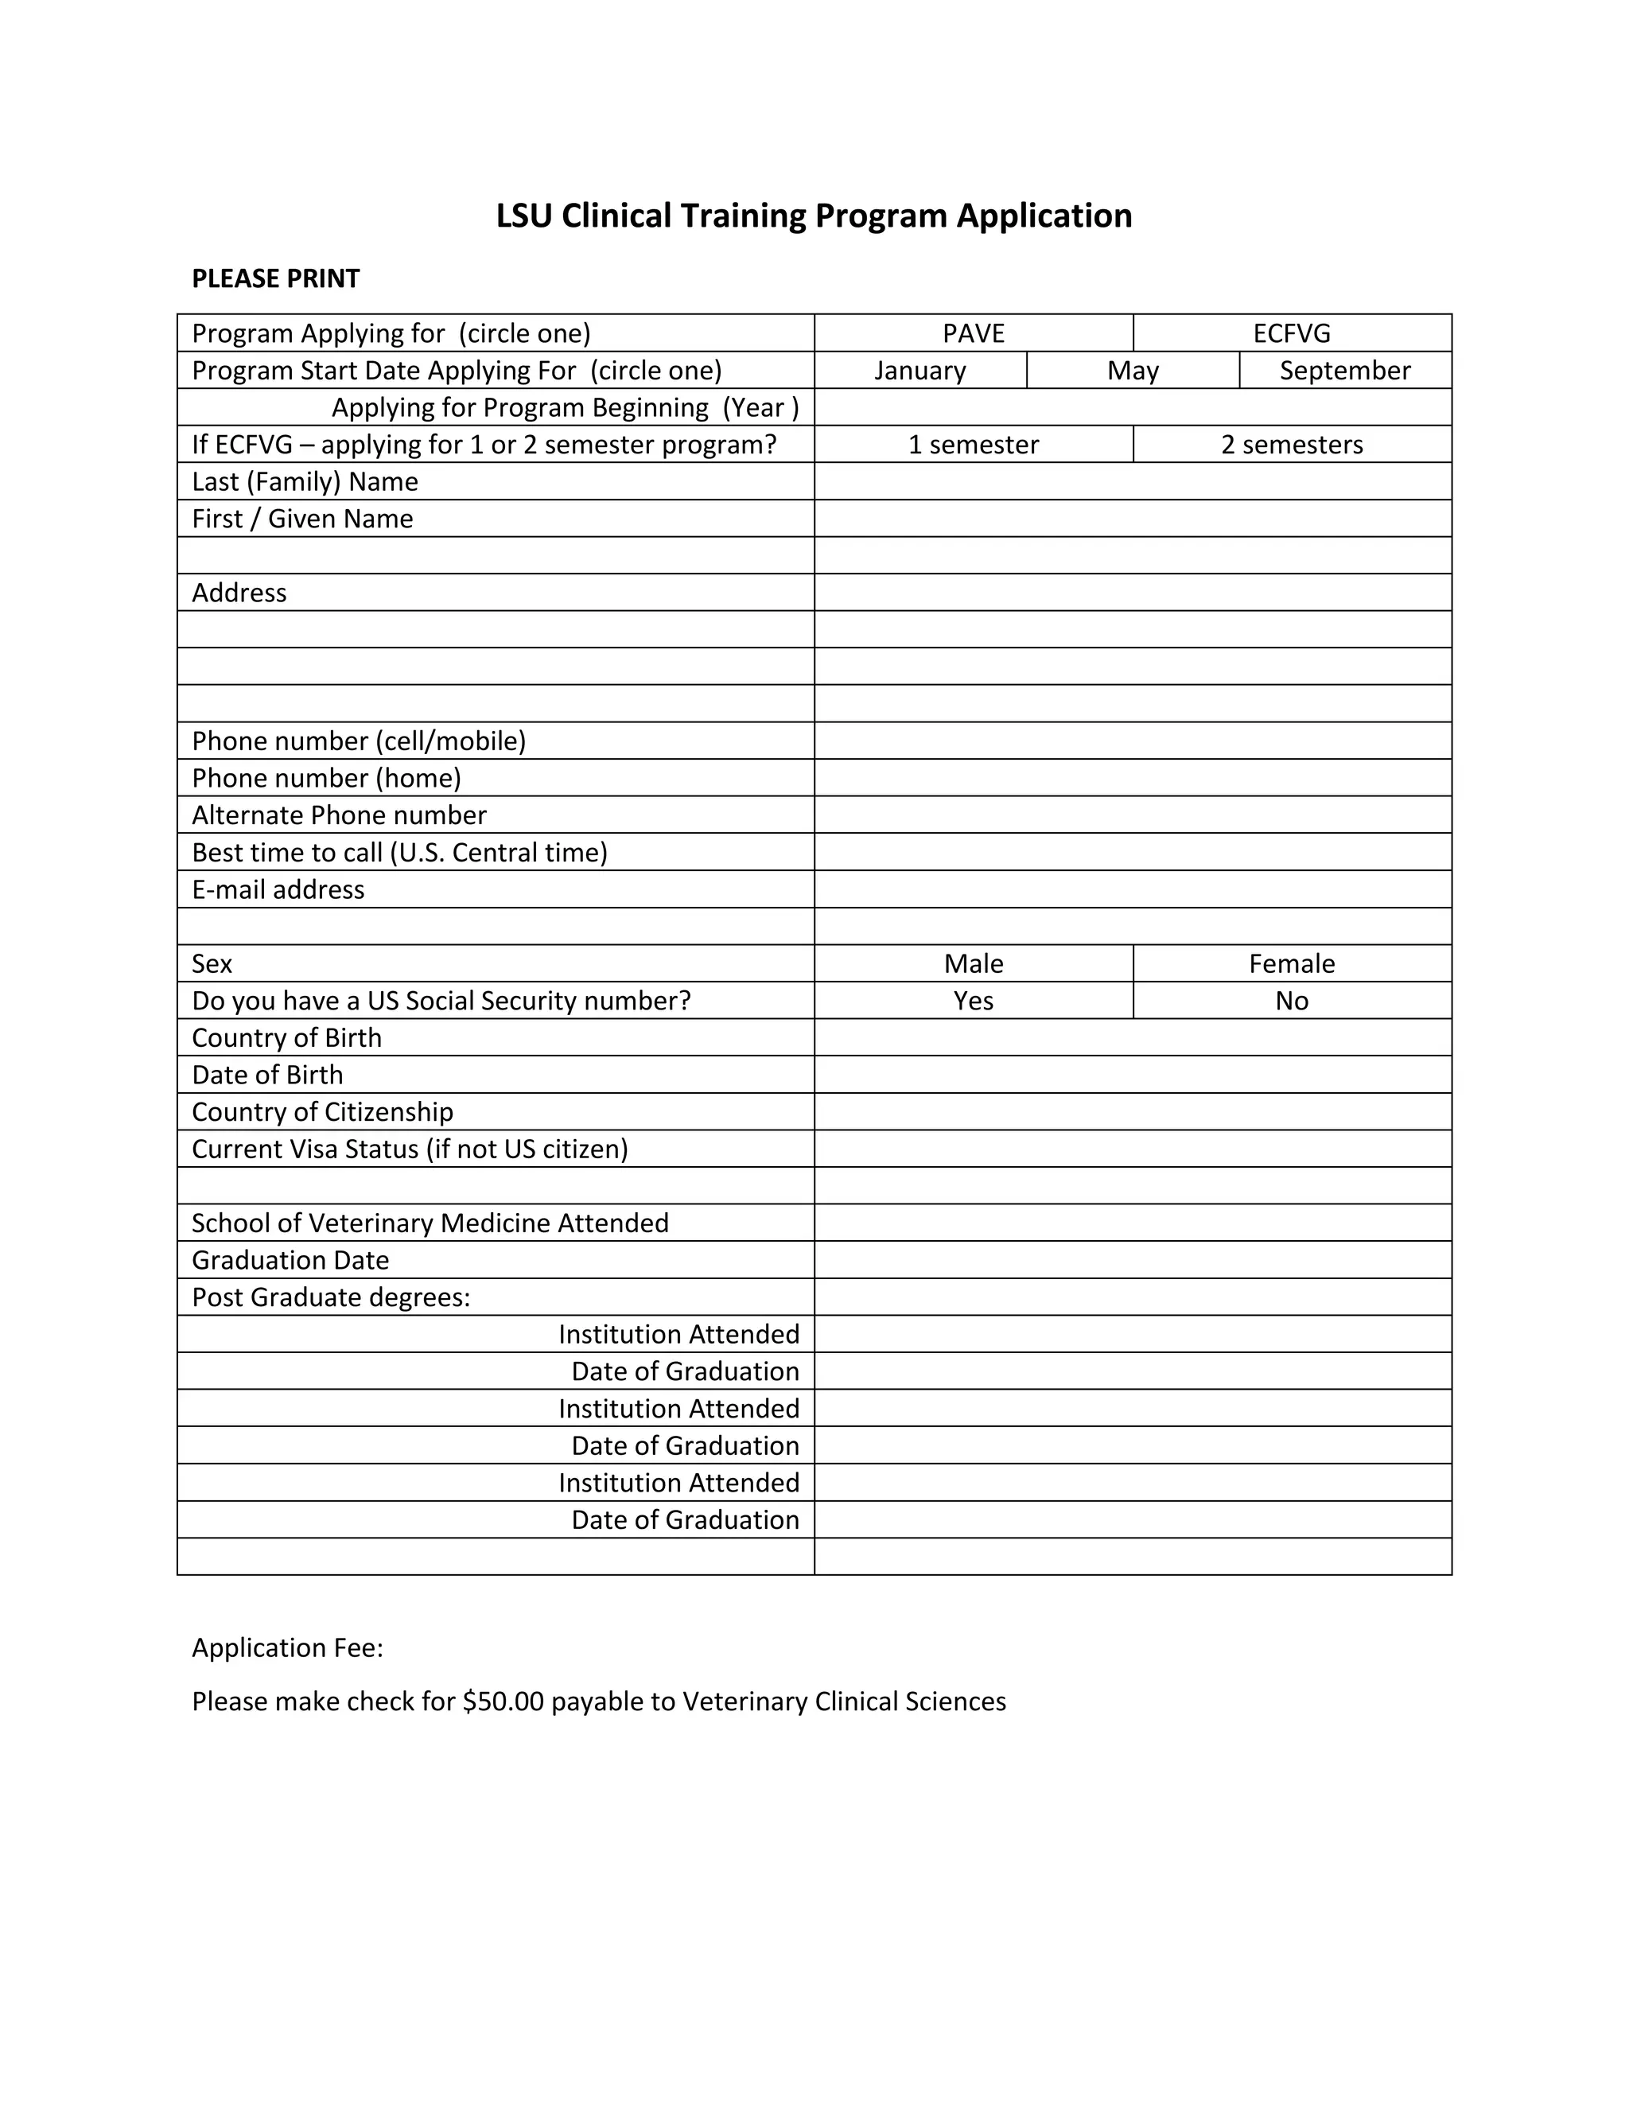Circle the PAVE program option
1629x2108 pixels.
point(973,333)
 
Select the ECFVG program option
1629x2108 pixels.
point(1291,333)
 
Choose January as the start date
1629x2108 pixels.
point(919,371)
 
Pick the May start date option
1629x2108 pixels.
point(1132,371)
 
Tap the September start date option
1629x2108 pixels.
point(1344,371)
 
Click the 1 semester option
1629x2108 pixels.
point(973,445)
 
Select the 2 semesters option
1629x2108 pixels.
point(1291,445)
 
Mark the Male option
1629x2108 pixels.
point(973,963)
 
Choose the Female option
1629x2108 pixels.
point(1291,963)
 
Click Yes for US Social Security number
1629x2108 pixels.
point(973,1001)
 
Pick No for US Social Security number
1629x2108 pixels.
point(1291,1001)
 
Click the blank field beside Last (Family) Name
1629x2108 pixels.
point(1132,481)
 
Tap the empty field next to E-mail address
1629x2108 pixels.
point(1132,889)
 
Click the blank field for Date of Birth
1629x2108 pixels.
point(1132,1074)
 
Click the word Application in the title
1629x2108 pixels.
point(1044,216)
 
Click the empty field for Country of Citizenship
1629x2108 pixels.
point(1132,1112)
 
